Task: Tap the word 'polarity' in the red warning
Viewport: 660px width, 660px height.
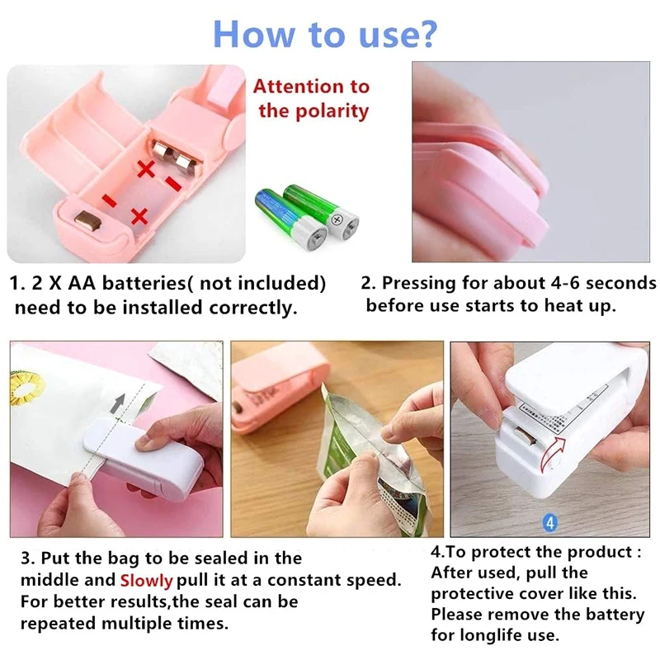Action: [x=327, y=111]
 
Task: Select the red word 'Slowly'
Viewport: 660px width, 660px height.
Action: [x=147, y=580]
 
